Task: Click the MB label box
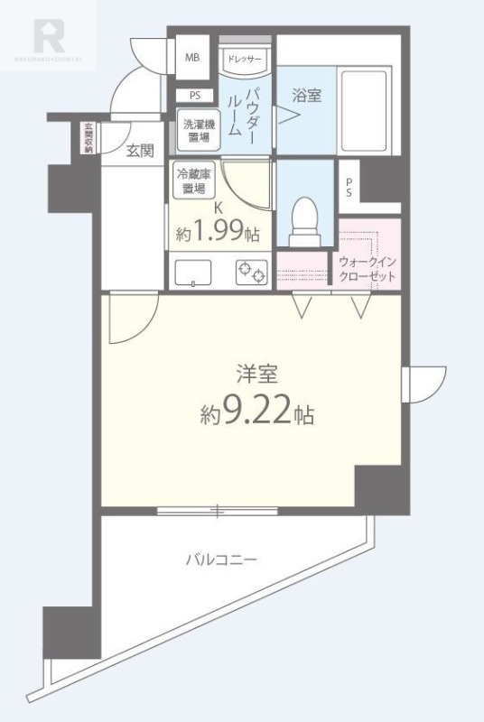[191, 58]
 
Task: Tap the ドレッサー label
[244, 59]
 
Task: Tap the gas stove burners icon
[251, 271]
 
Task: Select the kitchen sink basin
[191, 270]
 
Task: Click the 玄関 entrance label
[140, 151]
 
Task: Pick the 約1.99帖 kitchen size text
[218, 233]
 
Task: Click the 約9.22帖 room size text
[257, 413]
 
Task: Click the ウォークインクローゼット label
[367, 268]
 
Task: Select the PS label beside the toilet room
[348, 186]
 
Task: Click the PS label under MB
[195, 95]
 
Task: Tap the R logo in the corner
[49, 36]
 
